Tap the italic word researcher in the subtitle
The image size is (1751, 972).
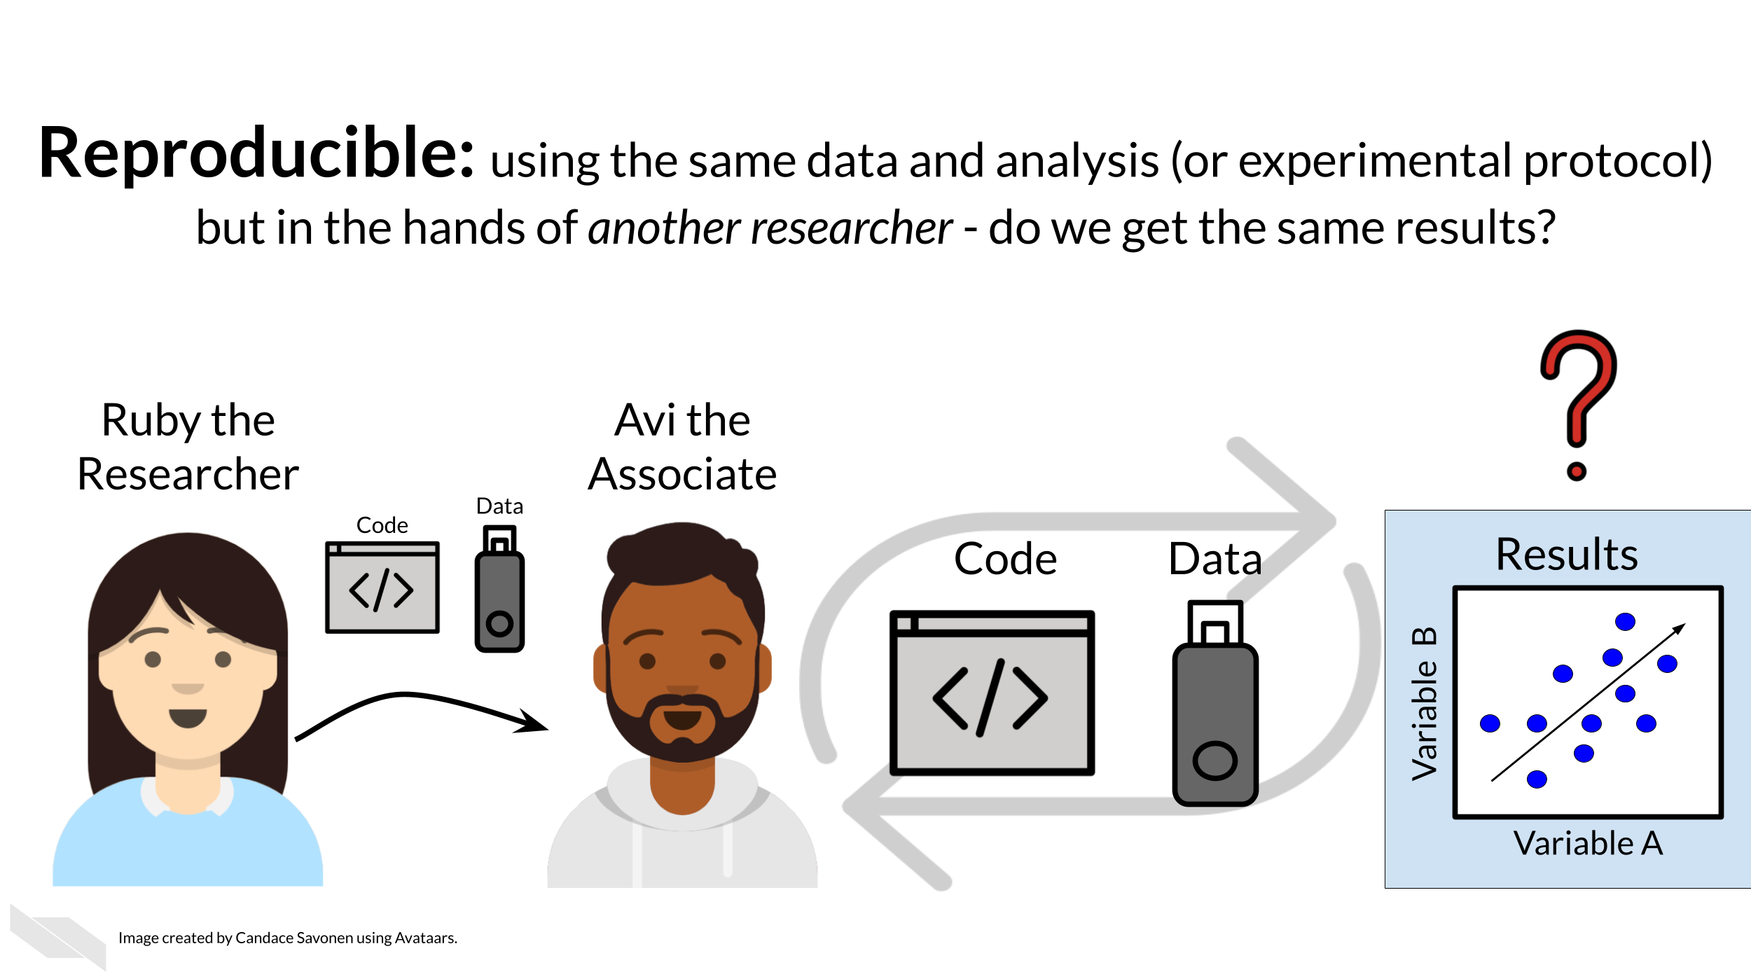coord(851,228)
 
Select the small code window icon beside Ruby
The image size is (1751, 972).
coord(382,587)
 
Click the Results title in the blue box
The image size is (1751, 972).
coord(1566,555)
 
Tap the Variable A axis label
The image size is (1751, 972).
coord(1588,843)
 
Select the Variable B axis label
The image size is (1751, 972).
coord(1425,703)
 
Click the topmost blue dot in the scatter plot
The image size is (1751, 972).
coord(1625,622)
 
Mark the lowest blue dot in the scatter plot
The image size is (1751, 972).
coord(1537,779)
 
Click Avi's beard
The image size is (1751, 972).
coord(683,735)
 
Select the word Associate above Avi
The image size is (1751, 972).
coord(682,475)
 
